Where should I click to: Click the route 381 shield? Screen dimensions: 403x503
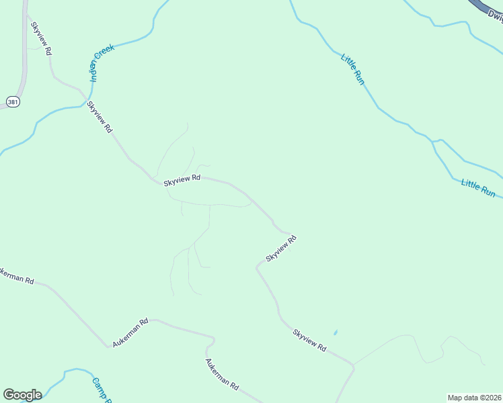click(13, 101)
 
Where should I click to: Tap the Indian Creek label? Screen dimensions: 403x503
click(103, 63)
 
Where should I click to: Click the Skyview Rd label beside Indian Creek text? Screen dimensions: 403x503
click(100, 116)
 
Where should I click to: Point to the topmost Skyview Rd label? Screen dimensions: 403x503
click(41, 38)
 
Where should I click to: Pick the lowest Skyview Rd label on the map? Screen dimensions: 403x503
click(309, 341)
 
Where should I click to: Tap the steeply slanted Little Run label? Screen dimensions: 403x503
click(352, 69)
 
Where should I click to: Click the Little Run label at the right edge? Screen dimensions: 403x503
click(478, 187)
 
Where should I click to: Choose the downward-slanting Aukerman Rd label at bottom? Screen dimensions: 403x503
click(222, 375)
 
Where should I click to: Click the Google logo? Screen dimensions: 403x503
click(22, 395)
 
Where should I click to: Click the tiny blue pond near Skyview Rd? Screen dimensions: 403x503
click(335, 332)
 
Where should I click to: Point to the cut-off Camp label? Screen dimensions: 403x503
click(102, 390)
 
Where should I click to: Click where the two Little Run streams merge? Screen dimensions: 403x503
click(434, 142)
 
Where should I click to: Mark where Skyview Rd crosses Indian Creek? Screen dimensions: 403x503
click(85, 102)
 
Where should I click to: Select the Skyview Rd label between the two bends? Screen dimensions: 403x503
click(281, 249)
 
